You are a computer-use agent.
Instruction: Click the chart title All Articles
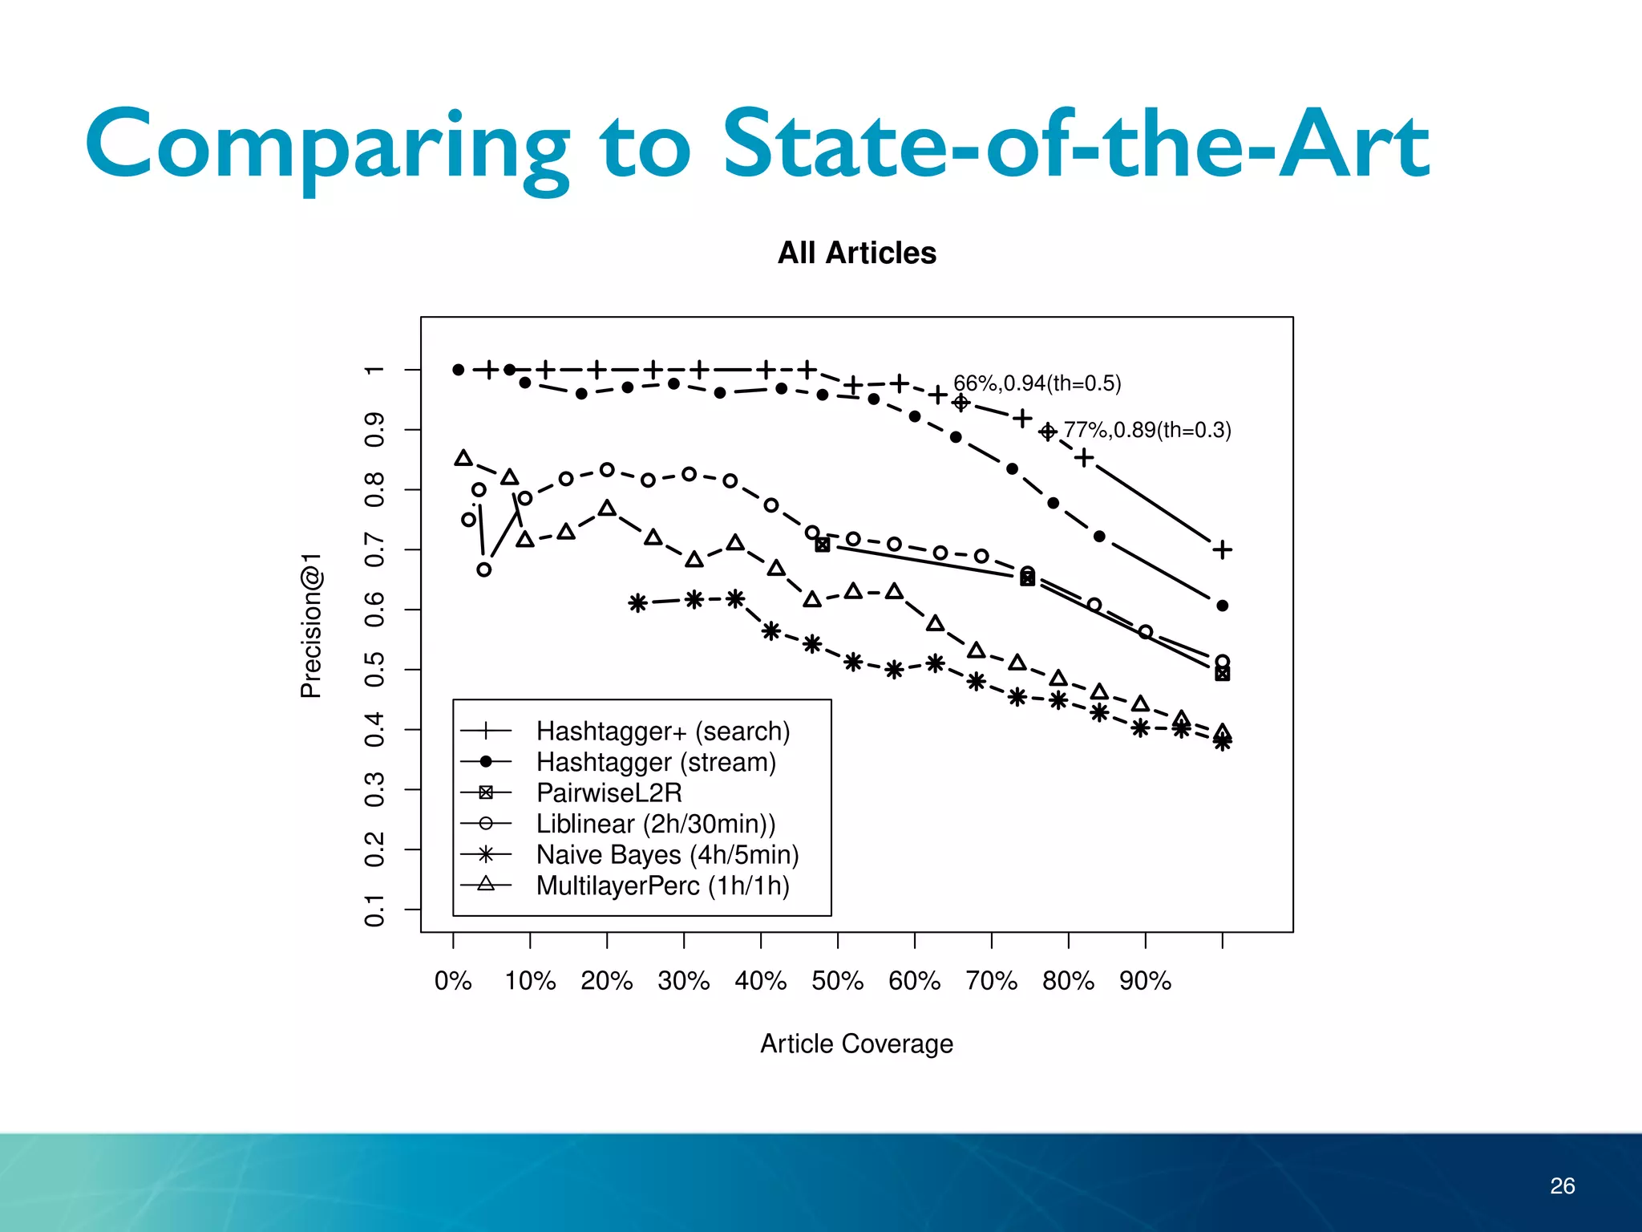tap(856, 253)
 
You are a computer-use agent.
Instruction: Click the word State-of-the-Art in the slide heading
tap(1076, 145)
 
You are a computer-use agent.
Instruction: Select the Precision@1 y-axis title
tap(311, 625)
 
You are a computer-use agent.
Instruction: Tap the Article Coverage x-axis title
tap(856, 1044)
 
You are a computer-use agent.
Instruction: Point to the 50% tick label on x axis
tap(837, 980)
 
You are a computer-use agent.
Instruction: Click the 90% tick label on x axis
tap(1145, 980)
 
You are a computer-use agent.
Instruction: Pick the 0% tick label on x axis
tap(453, 980)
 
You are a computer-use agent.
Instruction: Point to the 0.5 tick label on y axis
tap(374, 669)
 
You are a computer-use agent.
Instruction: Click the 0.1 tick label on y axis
tap(374, 910)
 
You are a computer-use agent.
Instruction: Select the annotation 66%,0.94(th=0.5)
tap(1037, 383)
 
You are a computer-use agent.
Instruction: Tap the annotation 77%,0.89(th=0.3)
tap(1147, 430)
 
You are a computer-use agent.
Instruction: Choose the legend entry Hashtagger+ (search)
tap(663, 731)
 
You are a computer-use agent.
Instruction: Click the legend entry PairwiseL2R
tap(609, 792)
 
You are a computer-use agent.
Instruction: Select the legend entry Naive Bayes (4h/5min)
tap(667, 854)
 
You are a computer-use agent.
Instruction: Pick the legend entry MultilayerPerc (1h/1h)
tap(662, 885)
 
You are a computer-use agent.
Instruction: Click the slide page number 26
tap(1562, 1185)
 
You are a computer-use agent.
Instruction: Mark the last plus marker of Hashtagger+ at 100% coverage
tap(1222, 549)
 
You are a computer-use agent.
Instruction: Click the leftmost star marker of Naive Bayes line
tap(637, 602)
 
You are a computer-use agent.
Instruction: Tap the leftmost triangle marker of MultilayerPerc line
tap(463, 458)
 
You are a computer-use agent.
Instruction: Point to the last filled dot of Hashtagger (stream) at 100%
tap(1222, 606)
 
